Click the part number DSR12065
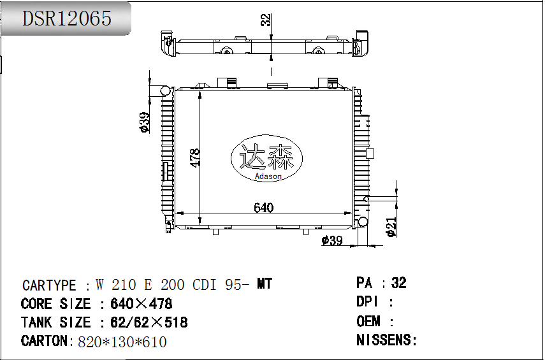(x=67, y=18)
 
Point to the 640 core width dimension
(x=263, y=208)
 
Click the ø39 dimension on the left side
(x=145, y=122)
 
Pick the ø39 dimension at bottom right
(x=332, y=240)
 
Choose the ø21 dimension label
(x=392, y=227)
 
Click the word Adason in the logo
(x=268, y=176)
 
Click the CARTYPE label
(x=50, y=285)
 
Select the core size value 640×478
(x=142, y=304)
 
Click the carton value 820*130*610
(x=122, y=342)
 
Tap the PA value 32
(x=399, y=283)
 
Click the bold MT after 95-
(x=264, y=284)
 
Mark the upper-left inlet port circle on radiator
(x=166, y=90)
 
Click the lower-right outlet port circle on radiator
(x=363, y=222)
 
